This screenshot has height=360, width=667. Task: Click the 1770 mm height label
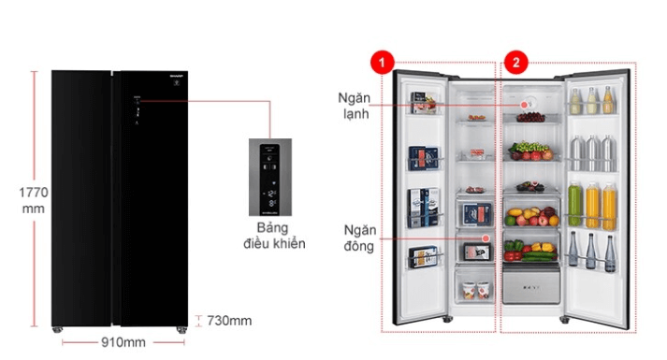click(35, 200)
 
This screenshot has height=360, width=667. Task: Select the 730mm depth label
click(229, 321)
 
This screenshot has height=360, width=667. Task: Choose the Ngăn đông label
click(358, 239)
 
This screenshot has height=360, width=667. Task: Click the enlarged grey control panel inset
click(269, 179)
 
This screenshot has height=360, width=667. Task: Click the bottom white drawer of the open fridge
click(530, 283)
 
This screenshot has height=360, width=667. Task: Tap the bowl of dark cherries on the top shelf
click(532, 117)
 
